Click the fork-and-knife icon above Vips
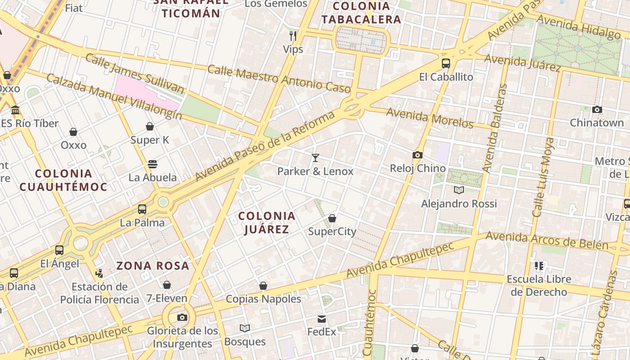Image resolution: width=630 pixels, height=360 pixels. pos(293,36)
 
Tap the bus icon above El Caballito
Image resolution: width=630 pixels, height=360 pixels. pos(446,63)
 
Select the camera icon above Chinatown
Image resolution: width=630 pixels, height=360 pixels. pos(597,109)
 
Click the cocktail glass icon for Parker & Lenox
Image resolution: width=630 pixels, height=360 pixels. pos(315,157)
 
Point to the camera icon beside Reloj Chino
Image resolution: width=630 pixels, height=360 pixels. pos(418,155)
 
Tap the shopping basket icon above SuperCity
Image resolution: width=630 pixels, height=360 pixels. pos(332,218)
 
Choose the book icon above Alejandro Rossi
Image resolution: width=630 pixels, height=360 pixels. pos(459,190)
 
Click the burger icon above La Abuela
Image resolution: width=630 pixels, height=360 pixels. pos(153,164)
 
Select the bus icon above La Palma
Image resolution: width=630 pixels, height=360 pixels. pos(142,209)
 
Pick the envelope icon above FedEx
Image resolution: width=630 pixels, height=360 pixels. pos(322,319)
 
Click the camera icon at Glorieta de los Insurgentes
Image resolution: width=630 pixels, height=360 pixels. pos(182,318)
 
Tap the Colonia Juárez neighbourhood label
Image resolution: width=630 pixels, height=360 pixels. pos(267,222)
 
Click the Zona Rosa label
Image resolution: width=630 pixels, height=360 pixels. pos(153,265)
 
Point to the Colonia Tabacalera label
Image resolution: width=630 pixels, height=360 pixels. pos(361,13)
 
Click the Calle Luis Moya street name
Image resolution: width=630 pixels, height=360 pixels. pos(544,177)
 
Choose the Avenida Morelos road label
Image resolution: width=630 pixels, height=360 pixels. pos(430,118)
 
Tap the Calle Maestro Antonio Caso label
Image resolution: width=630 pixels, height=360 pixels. pos(279,79)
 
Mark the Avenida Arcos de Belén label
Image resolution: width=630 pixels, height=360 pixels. pos(547,241)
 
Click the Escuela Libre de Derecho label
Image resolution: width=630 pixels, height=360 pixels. pos(539,285)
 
